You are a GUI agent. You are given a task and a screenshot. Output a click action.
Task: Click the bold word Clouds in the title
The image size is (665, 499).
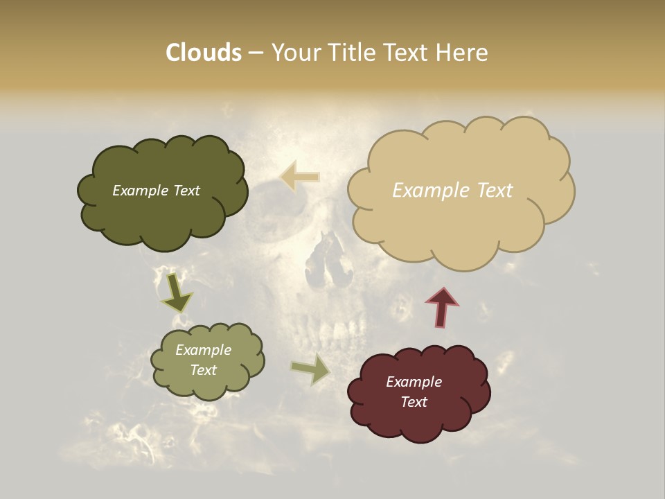coord(204,53)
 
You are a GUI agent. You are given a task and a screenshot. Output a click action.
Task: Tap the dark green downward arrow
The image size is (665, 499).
coord(177,293)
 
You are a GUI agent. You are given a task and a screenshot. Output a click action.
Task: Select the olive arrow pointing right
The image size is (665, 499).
coord(310,370)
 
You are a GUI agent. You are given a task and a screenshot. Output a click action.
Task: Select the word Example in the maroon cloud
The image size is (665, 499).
coord(414,382)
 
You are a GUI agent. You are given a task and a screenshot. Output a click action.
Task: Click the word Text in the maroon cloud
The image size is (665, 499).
coord(414,402)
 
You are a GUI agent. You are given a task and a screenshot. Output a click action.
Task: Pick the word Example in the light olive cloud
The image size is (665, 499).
coord(203,350)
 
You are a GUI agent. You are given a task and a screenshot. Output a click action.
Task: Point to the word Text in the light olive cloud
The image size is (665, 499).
coord(203,370)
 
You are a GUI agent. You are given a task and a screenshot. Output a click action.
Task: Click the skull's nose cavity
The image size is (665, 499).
coord(325,263)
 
